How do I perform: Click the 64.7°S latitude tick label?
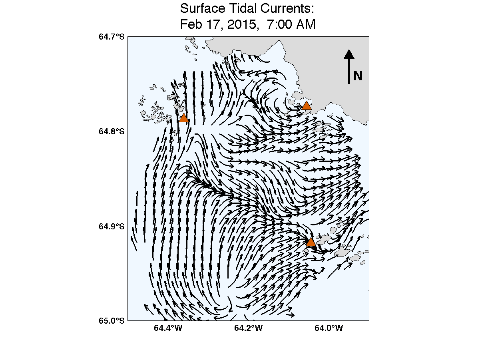pyautogui.click(x=112, y=37)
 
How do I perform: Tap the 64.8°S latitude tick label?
pyautogui.click(x=112, y=131)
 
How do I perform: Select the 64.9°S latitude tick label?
pyautogui.click(x=112, y=226)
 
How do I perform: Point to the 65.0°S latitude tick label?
pyautogui.click(x=112, y=320)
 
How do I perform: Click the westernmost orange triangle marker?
pyautogui.click(x=183, y=118)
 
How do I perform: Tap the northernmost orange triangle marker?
pyautogui.click(x=307, y=106)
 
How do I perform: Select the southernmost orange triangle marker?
pyautogui.click(x=311, y=242)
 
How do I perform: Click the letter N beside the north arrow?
pyautogui.click(x=358, y=76)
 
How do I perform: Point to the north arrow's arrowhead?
pyautogui.click(x=349, y=54)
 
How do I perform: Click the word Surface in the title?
pyautogui.click(x=203, y=8)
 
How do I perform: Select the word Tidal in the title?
pyautogui.click(x=244, y=8)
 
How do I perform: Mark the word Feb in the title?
pyautogui.click(x=190, y=25)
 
